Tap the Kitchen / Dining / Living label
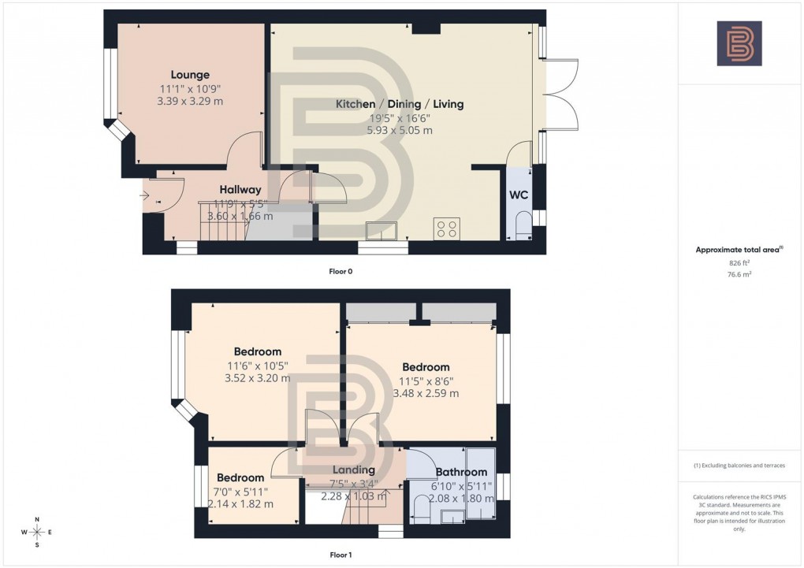[400, 104]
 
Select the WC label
[519, 195]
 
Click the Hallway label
[240, 189]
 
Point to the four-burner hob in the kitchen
[447, 228]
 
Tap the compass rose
[36, 533]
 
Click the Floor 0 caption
[341, 271]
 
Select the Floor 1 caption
[341, 555]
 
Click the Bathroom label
[461, 473]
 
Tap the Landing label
[354, 470]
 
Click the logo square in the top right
[739, 43]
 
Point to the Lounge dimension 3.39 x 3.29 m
[189, 101]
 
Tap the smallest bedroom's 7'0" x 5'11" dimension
[240, 492]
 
